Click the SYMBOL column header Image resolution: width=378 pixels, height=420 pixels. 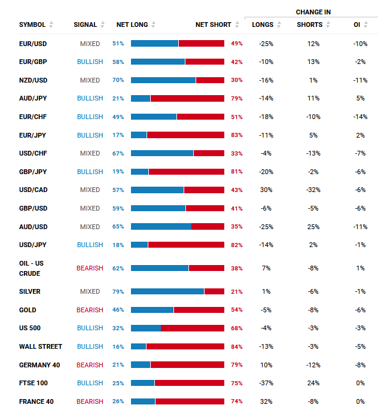click(32, 25)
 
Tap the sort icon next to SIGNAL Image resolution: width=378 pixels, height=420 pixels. click(103, 25)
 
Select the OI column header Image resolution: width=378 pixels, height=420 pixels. click(356, 25)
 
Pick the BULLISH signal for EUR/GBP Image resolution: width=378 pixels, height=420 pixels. click(90, 62)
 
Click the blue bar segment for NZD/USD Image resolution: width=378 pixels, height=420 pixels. click(163, 80)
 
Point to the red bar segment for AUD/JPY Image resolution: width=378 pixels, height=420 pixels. click(187, 98)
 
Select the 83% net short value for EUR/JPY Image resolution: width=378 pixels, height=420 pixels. click(237, 135)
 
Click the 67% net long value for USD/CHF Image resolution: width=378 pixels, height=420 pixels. click(118, 153)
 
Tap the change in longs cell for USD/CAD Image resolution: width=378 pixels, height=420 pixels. click(266, 190)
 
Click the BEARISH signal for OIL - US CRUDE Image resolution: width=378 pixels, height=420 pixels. click(90, 268)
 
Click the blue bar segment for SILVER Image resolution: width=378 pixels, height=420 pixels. click(167, 291)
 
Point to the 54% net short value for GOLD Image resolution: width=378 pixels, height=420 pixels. click(237, 310)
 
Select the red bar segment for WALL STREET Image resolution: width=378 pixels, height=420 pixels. click(185, 346)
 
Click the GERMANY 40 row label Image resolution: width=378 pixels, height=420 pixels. click(36, 365)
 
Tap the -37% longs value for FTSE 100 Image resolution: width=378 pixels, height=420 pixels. click(266, 383)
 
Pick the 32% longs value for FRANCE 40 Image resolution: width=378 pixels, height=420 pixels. click(266, 401)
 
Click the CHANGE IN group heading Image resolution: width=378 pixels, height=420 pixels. click(313, 12)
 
